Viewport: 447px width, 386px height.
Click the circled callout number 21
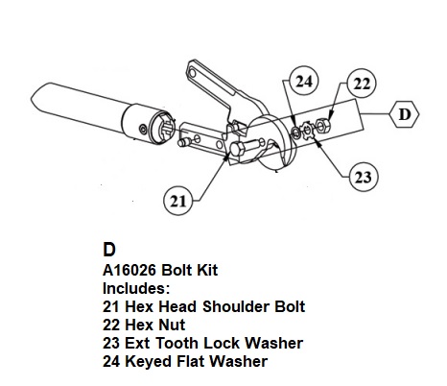tap(178, 201)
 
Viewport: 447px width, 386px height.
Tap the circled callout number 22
tap(362, 84)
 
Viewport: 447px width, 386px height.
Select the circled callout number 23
tap(363, 177)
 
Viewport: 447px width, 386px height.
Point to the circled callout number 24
tap(304, 81)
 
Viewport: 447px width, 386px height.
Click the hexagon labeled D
tap(404, 114)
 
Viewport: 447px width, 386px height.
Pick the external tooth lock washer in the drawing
tap(308, 130)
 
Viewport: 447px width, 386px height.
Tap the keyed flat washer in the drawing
tap(296, 132)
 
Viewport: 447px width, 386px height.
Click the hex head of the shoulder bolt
tap(237, 150)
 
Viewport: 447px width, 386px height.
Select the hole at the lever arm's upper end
tap(193, 73)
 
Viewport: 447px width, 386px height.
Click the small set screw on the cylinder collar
tap(143, 129)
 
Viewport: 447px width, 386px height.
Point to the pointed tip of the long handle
tap(32, 98)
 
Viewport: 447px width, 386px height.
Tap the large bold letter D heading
tap(109, 250)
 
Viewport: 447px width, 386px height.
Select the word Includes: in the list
tap(136, 288)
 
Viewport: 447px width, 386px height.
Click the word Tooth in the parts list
tap(177, 343)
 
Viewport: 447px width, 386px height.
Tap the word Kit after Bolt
tap(207, 270)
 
